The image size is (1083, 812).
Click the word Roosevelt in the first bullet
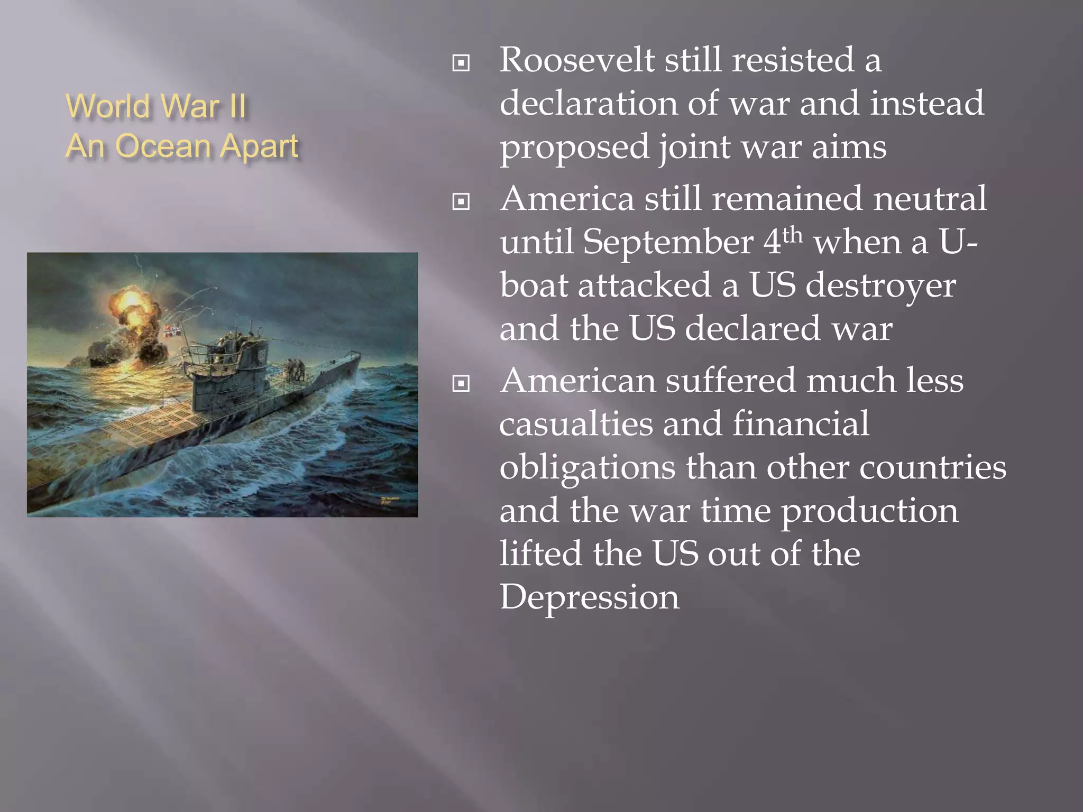(x=577, y=60)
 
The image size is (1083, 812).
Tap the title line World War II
(x=156, y=106)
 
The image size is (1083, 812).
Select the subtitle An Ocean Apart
(x=182, y=146)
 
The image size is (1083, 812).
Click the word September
(x=668, y=243)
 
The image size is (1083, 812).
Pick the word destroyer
(x=880, y=285)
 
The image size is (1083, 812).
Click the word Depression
(x=589, y=597)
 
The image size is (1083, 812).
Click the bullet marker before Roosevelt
(x=461, y=63)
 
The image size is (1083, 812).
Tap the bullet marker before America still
(x=461, y=201)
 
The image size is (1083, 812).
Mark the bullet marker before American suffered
(x=461, y=383)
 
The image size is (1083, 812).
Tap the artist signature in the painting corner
(x=390, y=500)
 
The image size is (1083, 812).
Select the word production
(x=869, y=512)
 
